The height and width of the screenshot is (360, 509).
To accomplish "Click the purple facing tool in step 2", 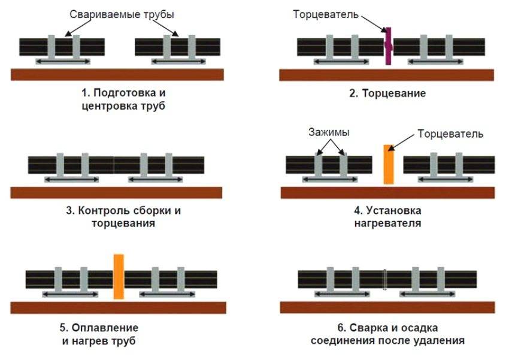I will [388, 46].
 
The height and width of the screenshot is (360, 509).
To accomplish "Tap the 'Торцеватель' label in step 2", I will [325, 14].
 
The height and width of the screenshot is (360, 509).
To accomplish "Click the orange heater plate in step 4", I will [388, 164].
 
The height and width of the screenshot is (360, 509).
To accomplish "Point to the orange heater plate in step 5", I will [119, 276].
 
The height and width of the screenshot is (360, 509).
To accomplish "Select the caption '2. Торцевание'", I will [387, 93].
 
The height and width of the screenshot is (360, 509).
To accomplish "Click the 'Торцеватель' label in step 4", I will [450, 133].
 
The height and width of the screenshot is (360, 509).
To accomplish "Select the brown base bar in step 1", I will [117, 74].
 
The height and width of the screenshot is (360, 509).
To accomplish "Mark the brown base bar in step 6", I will [387, 307].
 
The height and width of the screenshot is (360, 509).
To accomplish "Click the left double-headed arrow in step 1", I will [62, 61].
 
